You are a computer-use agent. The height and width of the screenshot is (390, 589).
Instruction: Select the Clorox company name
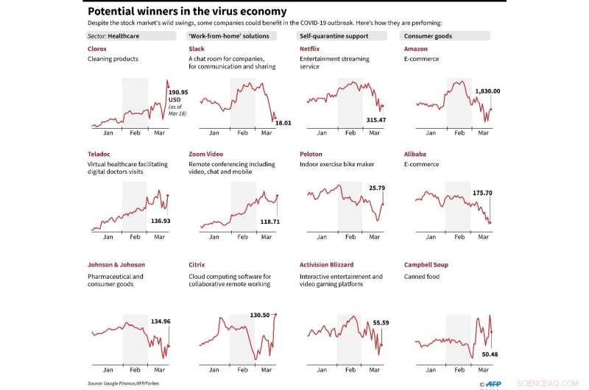tap(97, 49)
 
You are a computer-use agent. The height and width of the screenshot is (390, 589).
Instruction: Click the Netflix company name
tap(309, 49)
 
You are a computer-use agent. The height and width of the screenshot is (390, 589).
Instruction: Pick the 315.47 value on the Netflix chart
tap(375, 119)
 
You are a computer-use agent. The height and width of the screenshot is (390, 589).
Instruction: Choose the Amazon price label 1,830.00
tap(487, 91)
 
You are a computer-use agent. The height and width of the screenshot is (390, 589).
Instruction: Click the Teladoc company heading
tap(99, 154)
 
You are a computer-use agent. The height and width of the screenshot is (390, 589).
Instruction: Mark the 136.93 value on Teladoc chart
tap(161, 221)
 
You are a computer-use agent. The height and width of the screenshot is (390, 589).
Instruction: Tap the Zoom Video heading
tap(206, 154)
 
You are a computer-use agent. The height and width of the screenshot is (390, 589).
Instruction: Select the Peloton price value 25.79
tap(377, 188)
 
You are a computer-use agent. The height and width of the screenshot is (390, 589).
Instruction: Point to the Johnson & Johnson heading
tap(116, 264)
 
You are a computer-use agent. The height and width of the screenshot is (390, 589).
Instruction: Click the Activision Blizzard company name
tap(326, 264)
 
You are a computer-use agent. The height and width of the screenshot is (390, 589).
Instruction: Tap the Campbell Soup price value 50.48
tap(490, 354)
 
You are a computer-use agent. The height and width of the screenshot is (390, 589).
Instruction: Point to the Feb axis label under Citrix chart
tap(242, 369)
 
